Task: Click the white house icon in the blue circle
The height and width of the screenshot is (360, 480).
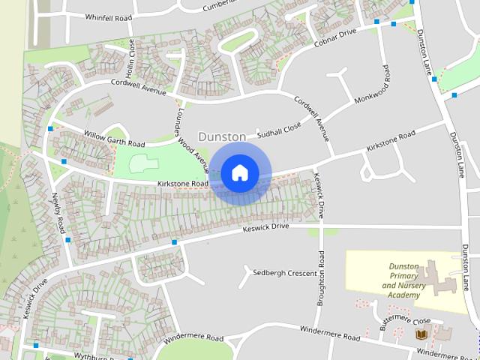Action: point(239,172)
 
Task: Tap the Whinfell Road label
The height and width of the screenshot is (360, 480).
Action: point(109,16)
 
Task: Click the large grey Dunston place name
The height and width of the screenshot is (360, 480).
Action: point(221,136)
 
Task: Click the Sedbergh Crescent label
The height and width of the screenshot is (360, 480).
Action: point(285,273)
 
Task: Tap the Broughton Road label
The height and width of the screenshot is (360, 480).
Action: point(320,277)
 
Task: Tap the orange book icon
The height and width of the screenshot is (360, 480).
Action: point(421,334)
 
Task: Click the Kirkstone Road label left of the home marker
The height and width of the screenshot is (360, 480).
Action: point(182,183)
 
